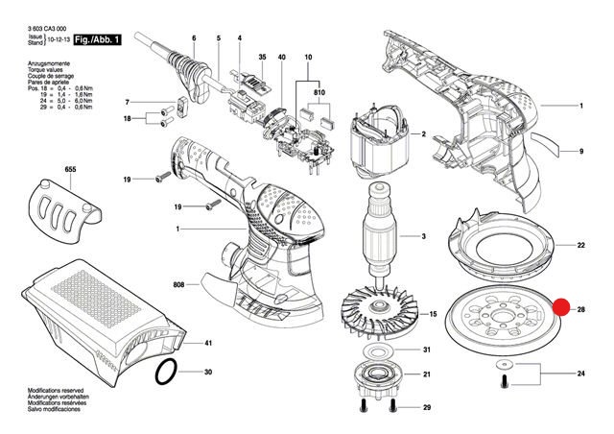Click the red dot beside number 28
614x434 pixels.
point(562,309)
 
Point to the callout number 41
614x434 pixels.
point(208,343)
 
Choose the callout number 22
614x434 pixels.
point(580,246)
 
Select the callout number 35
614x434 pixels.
point(259,60)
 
